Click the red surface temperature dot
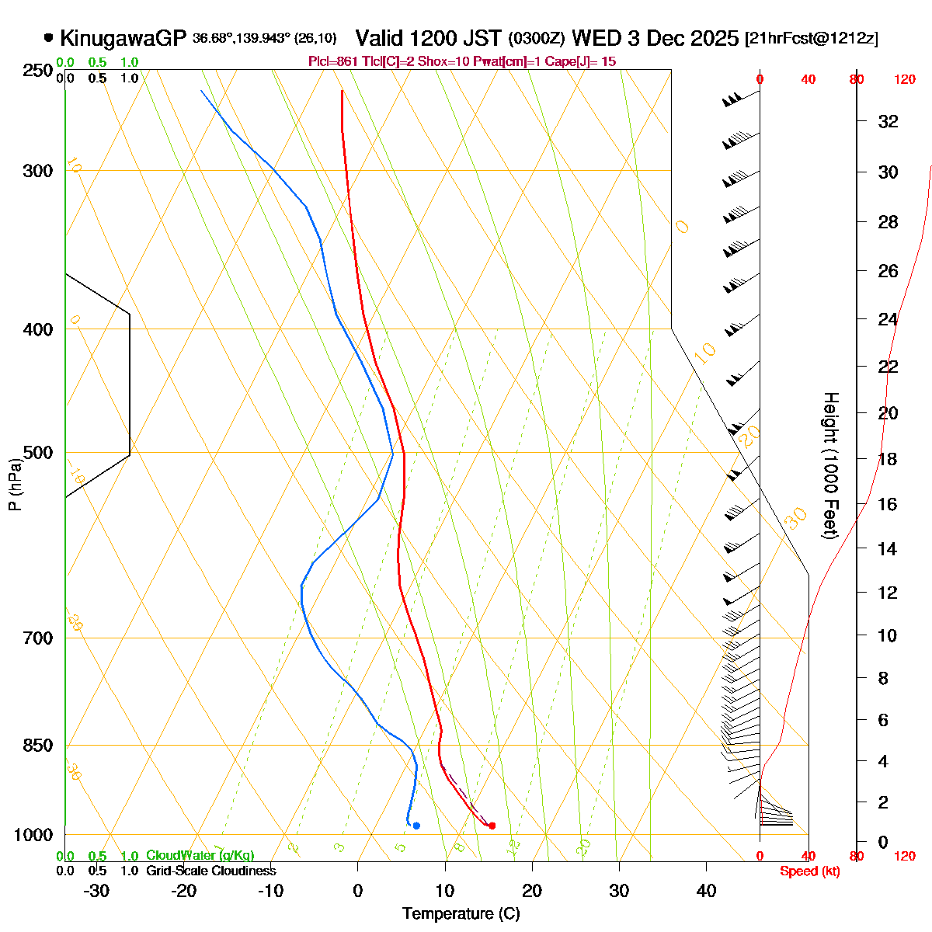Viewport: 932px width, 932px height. point(492,826)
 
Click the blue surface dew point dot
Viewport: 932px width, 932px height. point(417,826)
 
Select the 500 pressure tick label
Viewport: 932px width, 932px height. point(38,453)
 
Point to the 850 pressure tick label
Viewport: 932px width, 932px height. point(38,746)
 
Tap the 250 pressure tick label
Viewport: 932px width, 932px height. point(38,71)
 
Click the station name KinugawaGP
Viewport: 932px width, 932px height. point(123,38)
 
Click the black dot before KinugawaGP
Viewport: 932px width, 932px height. point(49,37)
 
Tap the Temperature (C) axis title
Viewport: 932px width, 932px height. point(461,913)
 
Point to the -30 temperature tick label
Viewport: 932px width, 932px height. point(96,890)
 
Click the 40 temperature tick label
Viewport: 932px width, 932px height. point(706,890)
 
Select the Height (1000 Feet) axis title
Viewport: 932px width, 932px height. point(830,466)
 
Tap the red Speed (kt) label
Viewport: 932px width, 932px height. point(810,871)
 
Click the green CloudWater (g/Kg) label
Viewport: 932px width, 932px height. point(200,856)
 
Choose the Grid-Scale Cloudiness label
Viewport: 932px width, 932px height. point(210,871)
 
